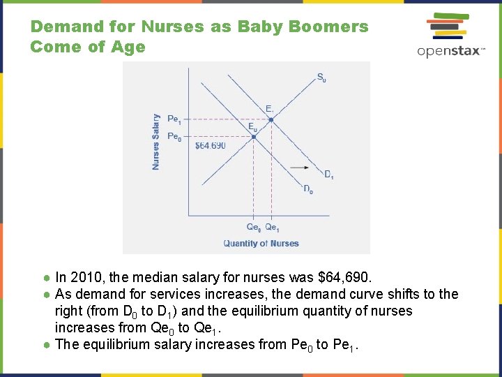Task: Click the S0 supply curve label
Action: pyautogui.click(x=321, y=77)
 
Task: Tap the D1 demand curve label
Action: pyautogui.click(x=328, y=175)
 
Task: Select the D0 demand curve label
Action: pyautogui.click(x=307, y=189)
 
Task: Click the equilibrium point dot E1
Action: pyautogui.click(x=271, y=120)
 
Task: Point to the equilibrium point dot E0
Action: pyautogui.click(x=254, y=137)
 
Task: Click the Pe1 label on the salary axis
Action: pyautogui.click(x=174, y=119)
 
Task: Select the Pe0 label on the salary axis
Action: pyautogui.click(x=174, y=136)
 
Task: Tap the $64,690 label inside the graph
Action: pyautogui.click(x=210, y=146)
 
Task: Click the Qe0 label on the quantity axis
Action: pyautogui.click(x=254, y=227)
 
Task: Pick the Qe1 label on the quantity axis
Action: pyautogui.click(x=272, y=227)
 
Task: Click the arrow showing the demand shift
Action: pyautogui.click(x=301, y=167)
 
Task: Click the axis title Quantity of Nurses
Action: pyautogui.click(x=261, y=244)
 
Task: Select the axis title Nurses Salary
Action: pyautogui.click(x=155, y=142)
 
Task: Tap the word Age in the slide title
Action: pyautogui.click(x=130, y=47)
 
